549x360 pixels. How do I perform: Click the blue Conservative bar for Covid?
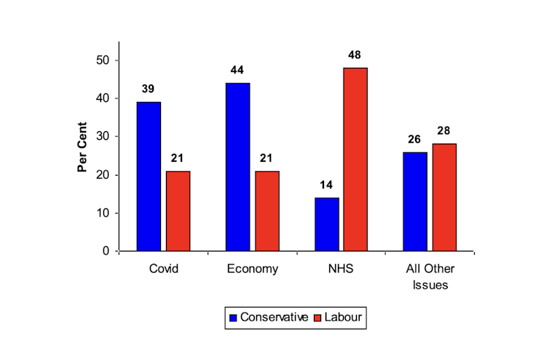click(x=149, y=176)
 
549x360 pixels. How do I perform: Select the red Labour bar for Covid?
click(x=178, y=211)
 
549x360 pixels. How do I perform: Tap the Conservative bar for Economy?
click(x=237, y=167)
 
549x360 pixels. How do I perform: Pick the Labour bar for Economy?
click(x=267, y=211)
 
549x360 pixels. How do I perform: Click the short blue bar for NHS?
click(x=326, y=224)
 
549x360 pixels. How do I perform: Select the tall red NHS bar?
click(x=355, y=159)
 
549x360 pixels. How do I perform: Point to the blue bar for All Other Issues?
click(x=415, y=201)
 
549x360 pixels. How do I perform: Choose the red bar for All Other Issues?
click(x=444, y=197)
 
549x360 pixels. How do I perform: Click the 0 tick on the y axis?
click(x=106, y=251)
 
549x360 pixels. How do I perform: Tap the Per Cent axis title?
click(x=83, y=147)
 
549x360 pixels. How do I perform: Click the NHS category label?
click(x=340, y=269)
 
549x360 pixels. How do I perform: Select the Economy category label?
click(x=252, y=269)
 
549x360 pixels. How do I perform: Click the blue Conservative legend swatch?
click(x=233, y=318)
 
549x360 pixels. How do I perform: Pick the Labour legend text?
click(x=343, y=318)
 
